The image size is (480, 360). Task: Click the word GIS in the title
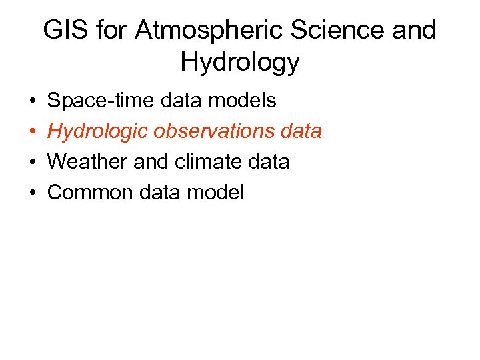click(64, 31)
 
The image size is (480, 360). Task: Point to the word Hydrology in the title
click(240, 63)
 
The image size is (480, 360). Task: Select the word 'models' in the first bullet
click(243, 101)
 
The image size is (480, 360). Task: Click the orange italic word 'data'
click(300, 131)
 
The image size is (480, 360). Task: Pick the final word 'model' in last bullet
click(217, 193)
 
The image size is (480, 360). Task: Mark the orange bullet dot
click(32, 132)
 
